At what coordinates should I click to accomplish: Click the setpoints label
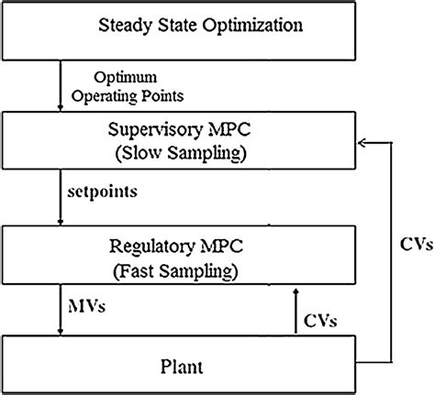tap(97, 194)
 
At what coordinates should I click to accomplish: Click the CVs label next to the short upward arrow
tap(321, 320)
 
